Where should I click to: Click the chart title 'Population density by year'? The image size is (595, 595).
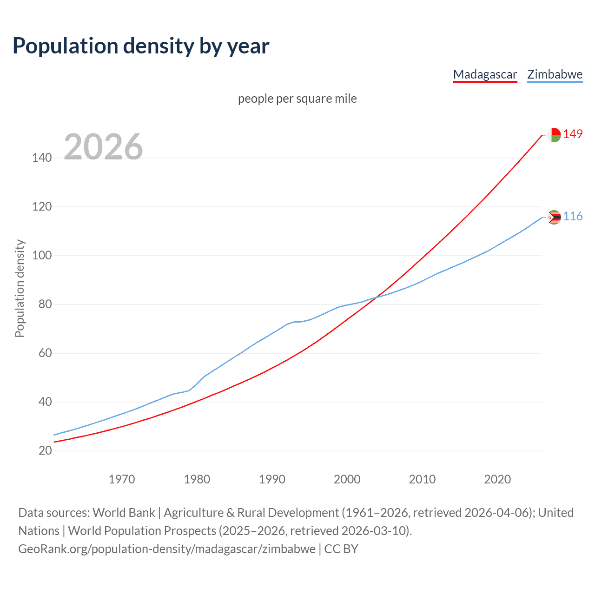click(x=141, y=46)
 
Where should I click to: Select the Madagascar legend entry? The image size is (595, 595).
click(x=485, y=74)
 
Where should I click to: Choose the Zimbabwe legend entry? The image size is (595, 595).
click(x=555, y=74)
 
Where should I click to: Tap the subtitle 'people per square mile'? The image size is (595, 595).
click(x=297, y=99)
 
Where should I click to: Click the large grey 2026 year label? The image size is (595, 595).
click(x=103, y=147)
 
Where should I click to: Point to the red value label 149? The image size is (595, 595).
click(x=573, y=134)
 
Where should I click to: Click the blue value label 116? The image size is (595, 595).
click(x=573, y=217)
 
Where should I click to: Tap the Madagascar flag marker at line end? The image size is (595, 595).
click(x=554, y=135)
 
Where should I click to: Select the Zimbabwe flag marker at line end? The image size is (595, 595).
click(x=554, y=217)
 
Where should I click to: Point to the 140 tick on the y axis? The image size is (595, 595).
click(x=42, y=158)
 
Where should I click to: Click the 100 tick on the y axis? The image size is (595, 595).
click(x=42, y=256)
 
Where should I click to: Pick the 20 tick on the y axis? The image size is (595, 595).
click(x=45, y=450)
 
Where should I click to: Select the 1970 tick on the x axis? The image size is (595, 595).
click(x=122, y=479)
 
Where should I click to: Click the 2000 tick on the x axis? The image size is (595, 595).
click(x=347, y=479)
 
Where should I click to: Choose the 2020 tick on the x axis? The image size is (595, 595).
click(x=497, y=479)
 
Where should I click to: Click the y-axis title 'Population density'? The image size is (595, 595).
click(x=20, y=288)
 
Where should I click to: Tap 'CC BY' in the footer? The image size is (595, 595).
click(x=341, y=549)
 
